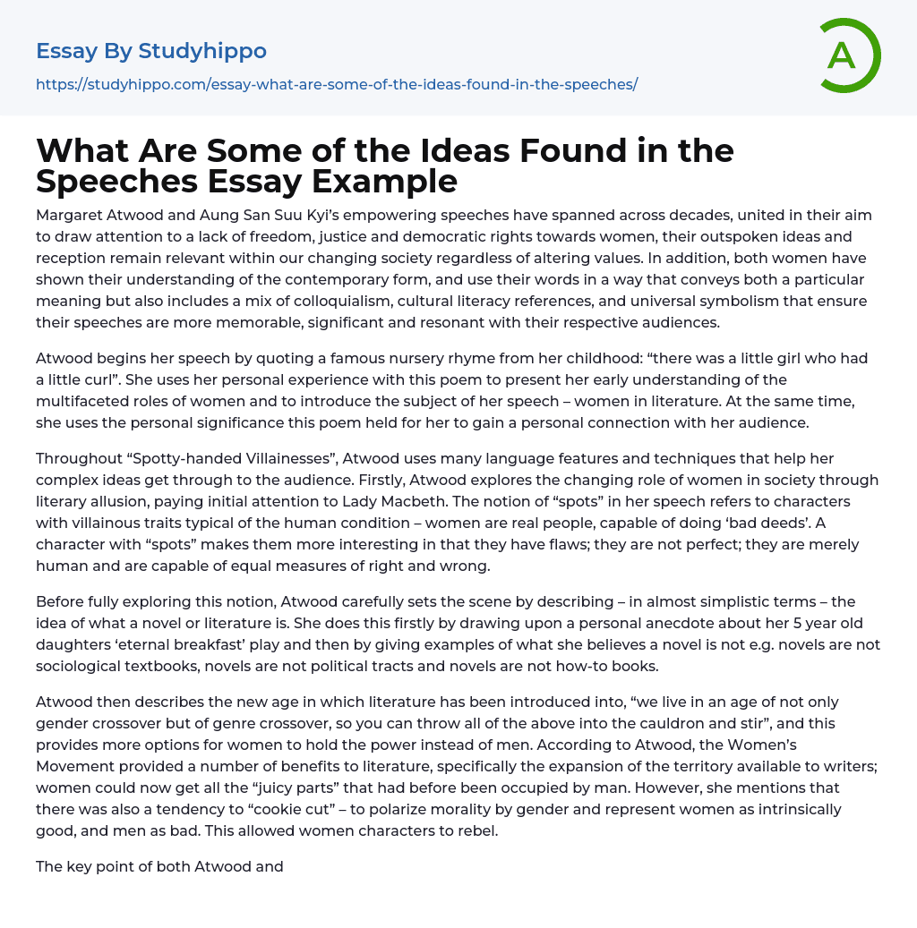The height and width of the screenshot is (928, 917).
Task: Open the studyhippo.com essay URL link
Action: point(336,85)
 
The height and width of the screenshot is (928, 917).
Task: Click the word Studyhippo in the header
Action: point(202,51)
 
